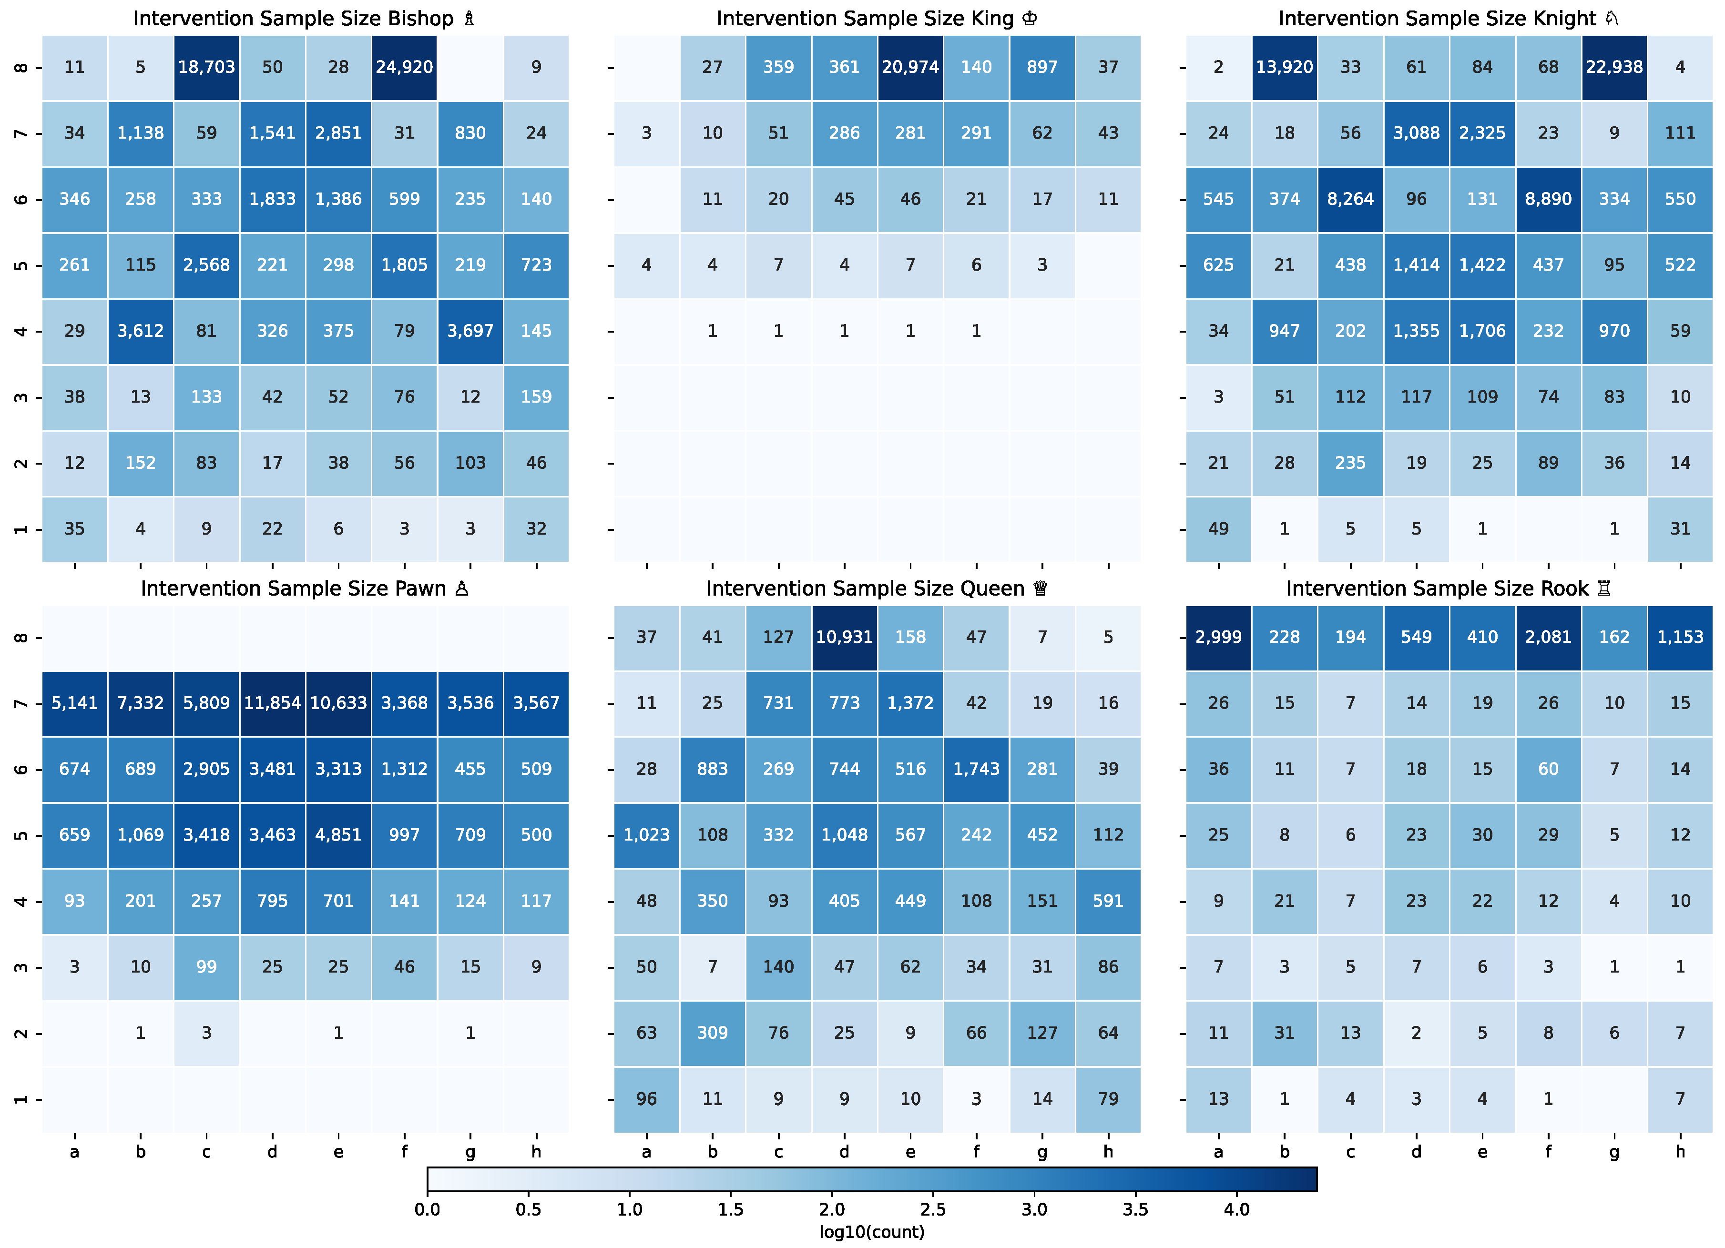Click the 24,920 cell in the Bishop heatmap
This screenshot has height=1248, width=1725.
[x=405, y=67]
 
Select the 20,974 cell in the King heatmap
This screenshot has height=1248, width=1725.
[x=910, y=67]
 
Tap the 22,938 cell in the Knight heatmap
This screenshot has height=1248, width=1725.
[x=1614, y=67]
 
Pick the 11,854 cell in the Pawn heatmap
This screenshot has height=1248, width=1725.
[x=272, y=703]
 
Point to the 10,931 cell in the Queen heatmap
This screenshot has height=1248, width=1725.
[x=844, y=637]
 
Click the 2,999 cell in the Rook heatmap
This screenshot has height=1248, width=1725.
[x=1218, y=637]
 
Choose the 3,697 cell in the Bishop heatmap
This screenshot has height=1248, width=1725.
[x=470, y=331]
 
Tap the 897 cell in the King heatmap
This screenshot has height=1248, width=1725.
[x=1042, y=67]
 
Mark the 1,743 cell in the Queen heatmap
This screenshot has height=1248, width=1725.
[x=977, y=769]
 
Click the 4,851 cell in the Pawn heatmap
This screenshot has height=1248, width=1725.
[x=338, y=835]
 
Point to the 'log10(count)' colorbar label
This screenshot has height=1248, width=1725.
[x=872, y=1232]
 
